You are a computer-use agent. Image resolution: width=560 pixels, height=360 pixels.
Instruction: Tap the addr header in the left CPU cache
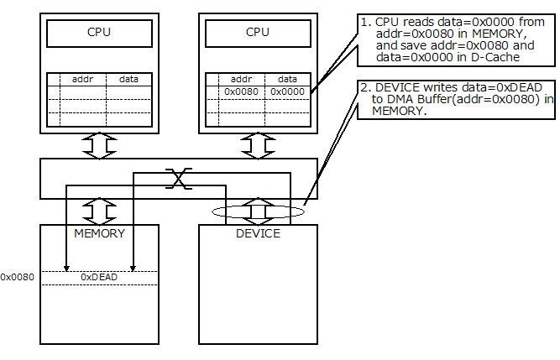(x=83, y=79)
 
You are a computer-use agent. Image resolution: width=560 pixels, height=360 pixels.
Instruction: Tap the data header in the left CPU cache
(x=129, y=79)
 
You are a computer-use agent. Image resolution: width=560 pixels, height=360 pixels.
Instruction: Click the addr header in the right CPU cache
(x=241, y=79)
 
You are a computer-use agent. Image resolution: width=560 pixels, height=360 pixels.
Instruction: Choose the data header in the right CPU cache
(x=287, y=79)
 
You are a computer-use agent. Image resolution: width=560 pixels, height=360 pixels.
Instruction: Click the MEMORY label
(x=100, y=232)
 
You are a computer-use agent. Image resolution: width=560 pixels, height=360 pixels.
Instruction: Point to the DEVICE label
(x=257, y=232)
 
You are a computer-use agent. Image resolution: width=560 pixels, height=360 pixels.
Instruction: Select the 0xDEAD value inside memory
(x=99, y=276)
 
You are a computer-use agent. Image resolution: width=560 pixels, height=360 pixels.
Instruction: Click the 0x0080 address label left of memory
(x=18, y=276)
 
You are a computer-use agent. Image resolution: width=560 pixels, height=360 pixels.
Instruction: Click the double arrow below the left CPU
(x=100, y=145)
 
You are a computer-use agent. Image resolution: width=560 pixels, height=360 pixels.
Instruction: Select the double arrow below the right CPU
(x=257, y=145)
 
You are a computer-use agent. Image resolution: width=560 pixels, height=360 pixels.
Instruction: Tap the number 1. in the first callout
(x=365, y=18)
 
